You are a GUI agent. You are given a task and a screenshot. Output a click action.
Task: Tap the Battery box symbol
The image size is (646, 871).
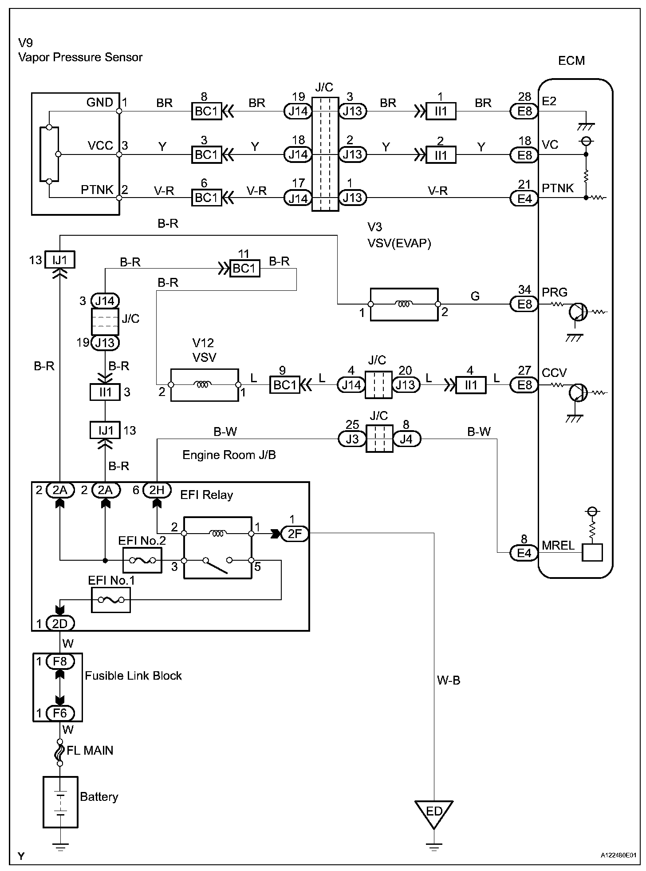(60, 802)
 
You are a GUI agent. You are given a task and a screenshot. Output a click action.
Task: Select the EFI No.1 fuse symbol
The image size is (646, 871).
(110, 600)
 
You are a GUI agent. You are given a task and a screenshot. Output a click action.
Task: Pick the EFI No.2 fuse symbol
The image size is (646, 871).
(142, 561)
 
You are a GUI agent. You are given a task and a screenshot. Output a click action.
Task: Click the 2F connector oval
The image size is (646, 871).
(295, 534)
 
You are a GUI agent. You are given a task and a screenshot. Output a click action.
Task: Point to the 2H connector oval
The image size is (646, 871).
(157, 490)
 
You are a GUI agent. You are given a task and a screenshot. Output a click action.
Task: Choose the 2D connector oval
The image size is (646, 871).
(60, 624)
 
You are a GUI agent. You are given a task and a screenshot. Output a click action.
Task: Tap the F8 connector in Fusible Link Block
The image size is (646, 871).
(60, 661)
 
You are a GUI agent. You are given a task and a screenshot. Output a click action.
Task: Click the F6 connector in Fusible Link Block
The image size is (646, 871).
(60, 713)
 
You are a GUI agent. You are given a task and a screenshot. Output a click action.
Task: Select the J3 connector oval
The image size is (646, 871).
(352, 439)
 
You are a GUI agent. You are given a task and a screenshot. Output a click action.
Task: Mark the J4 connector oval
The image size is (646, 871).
(406, 439)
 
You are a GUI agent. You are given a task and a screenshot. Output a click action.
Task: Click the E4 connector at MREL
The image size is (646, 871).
(524, 553)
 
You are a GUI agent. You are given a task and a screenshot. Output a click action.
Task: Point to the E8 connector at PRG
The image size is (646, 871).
(524, 304)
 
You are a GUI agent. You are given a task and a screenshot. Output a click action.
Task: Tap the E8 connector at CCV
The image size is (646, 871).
(524, 384)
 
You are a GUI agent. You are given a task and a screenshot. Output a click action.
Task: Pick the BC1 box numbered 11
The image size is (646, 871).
(244, 269)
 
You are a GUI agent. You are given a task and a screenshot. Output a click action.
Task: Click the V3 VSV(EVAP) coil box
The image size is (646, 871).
(404, 304)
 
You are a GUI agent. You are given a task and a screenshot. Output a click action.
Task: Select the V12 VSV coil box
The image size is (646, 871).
(205, 384)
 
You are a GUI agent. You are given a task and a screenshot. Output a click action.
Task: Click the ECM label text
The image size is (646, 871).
(571, 60)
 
